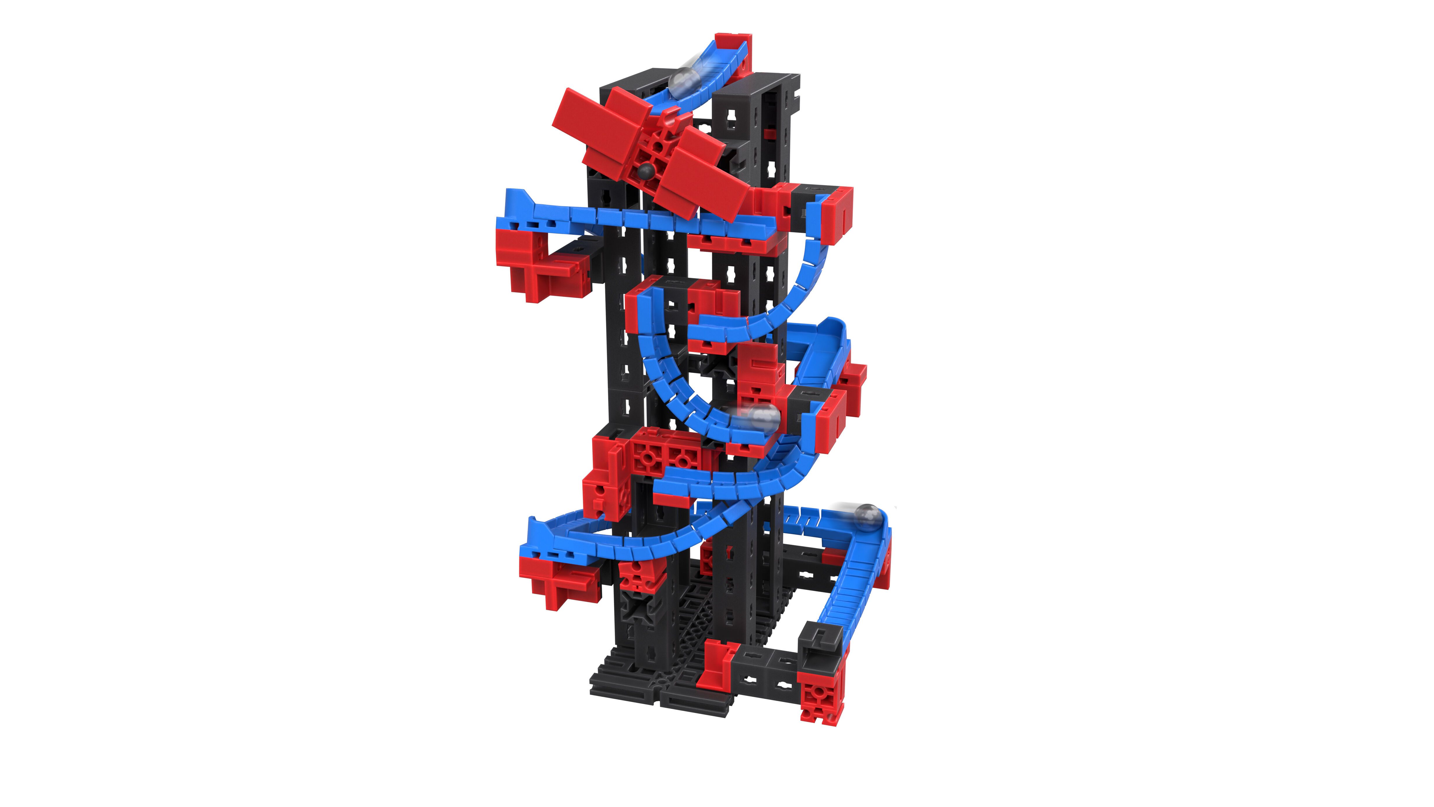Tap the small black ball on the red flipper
click(646, 171)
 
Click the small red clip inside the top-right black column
click(770, 134)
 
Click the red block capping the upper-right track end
click(838, 214)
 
